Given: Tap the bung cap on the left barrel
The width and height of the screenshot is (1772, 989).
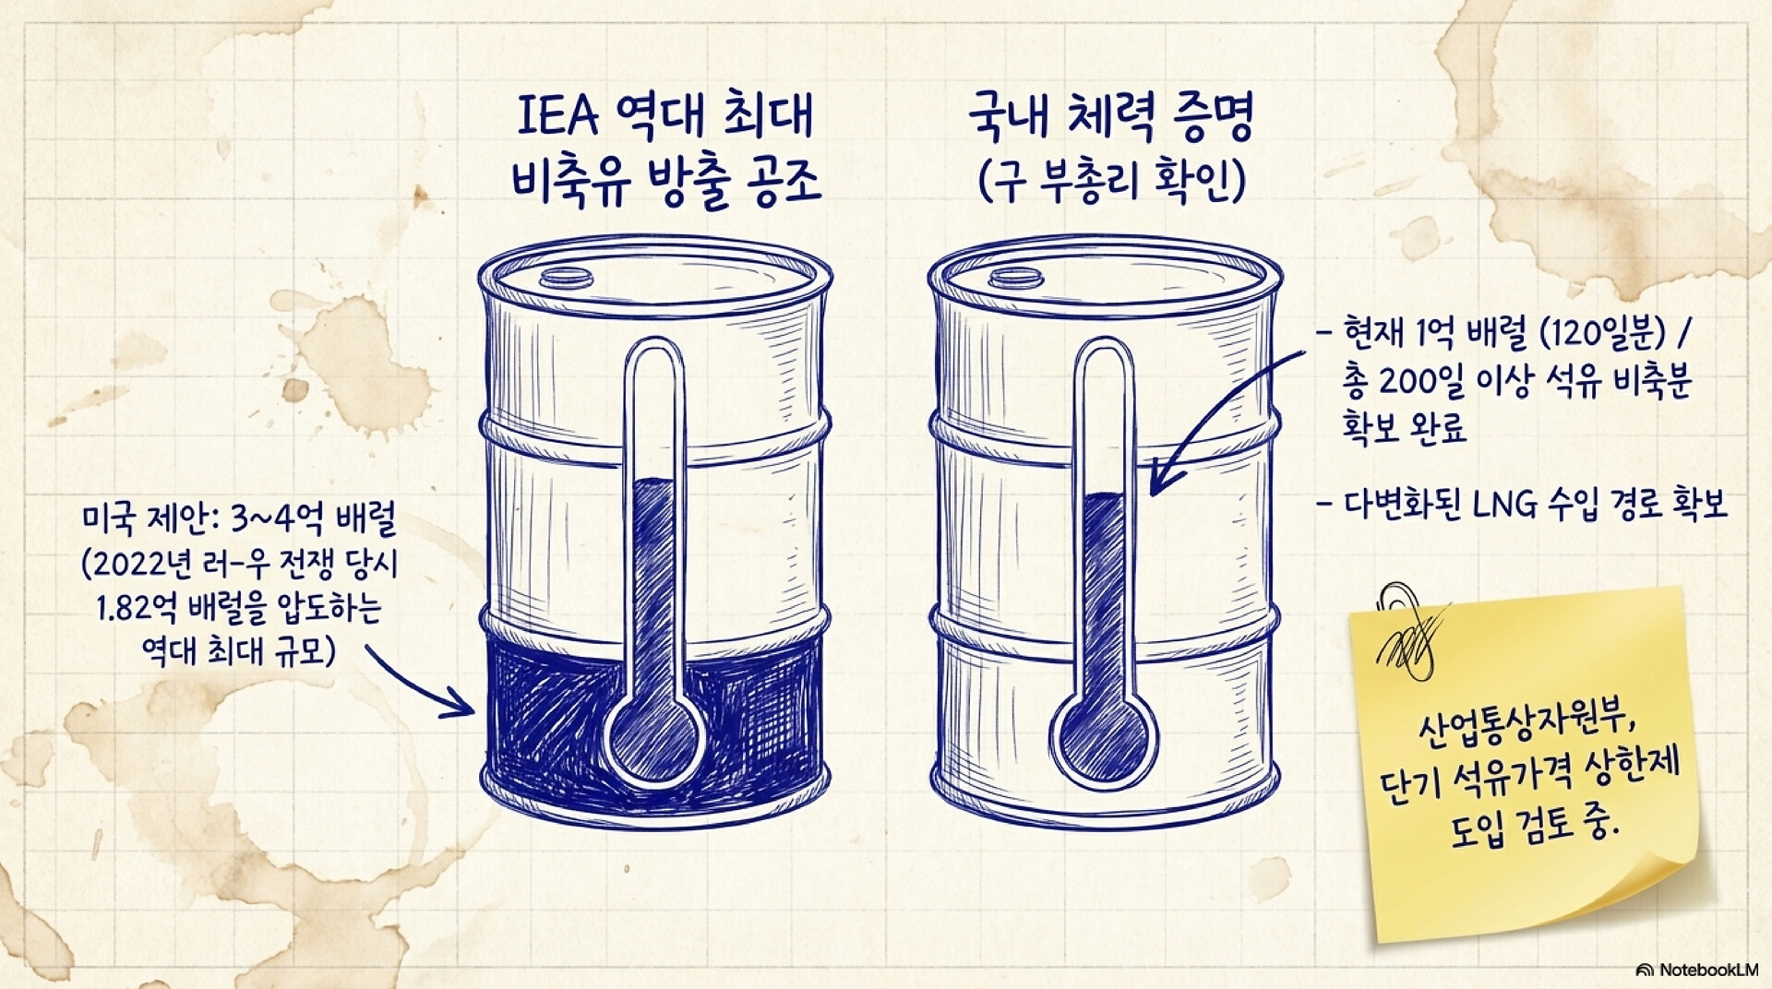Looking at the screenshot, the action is (564, 275).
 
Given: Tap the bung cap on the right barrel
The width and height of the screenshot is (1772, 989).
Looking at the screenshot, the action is (1014, 277).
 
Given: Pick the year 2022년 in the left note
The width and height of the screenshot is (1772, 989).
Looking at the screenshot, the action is (143, 566).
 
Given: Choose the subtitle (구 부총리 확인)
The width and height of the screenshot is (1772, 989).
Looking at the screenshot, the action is (1111, 181).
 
